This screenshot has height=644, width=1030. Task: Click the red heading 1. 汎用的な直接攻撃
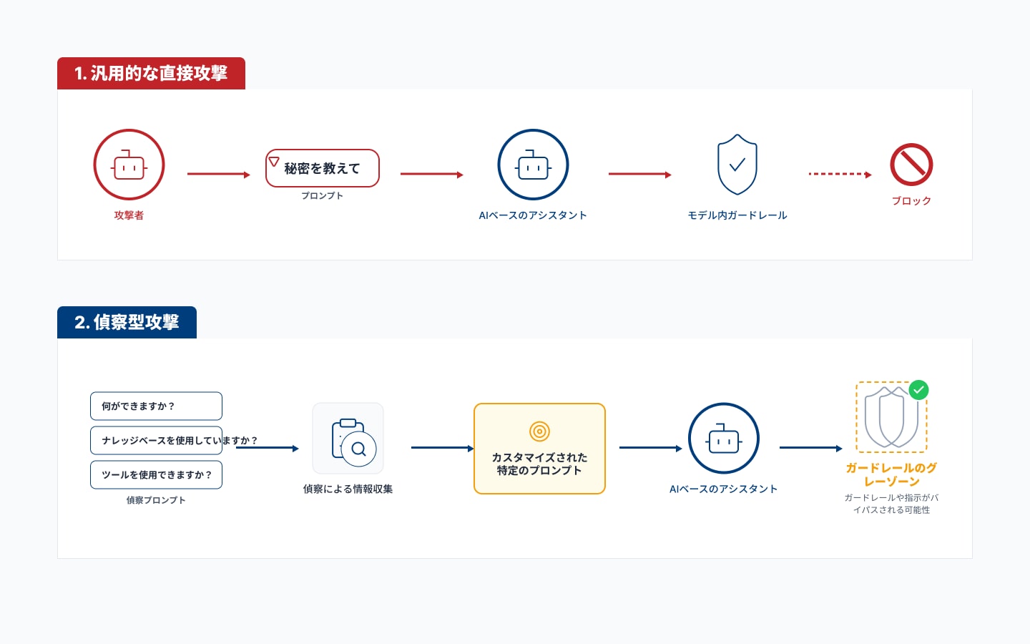tap(151, 73)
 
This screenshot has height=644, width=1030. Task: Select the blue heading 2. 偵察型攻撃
tap(127, 322)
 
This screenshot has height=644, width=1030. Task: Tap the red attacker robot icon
tap(129, 165)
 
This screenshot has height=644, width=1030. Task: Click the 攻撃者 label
tap(129, 215)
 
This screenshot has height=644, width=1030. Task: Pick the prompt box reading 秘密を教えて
tap(323, 168)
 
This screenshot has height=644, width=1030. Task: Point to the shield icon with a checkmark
tap(737, 165)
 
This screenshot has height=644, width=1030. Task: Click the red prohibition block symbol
tap(911, 165)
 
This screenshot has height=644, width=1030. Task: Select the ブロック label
tap(911, 200)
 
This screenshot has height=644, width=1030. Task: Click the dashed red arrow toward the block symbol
tap(840, 175)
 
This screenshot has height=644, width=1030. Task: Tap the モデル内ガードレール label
tap(737, 215)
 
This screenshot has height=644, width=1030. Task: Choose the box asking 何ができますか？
tap(157, 406)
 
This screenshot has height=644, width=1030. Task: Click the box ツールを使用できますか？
tap(157, 474)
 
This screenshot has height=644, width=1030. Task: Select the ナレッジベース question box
tap(157, 440)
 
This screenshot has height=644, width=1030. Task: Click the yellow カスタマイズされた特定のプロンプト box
tap(539, 449)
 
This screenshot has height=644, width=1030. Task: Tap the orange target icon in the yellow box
tap(539, 431)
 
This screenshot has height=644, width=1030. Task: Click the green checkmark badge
tap(918, 390)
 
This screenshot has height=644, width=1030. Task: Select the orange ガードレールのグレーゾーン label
tap(891, 474)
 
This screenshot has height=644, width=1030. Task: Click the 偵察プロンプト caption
tap(156, 500)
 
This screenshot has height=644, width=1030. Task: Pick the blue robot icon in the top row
tap(533, 165)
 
